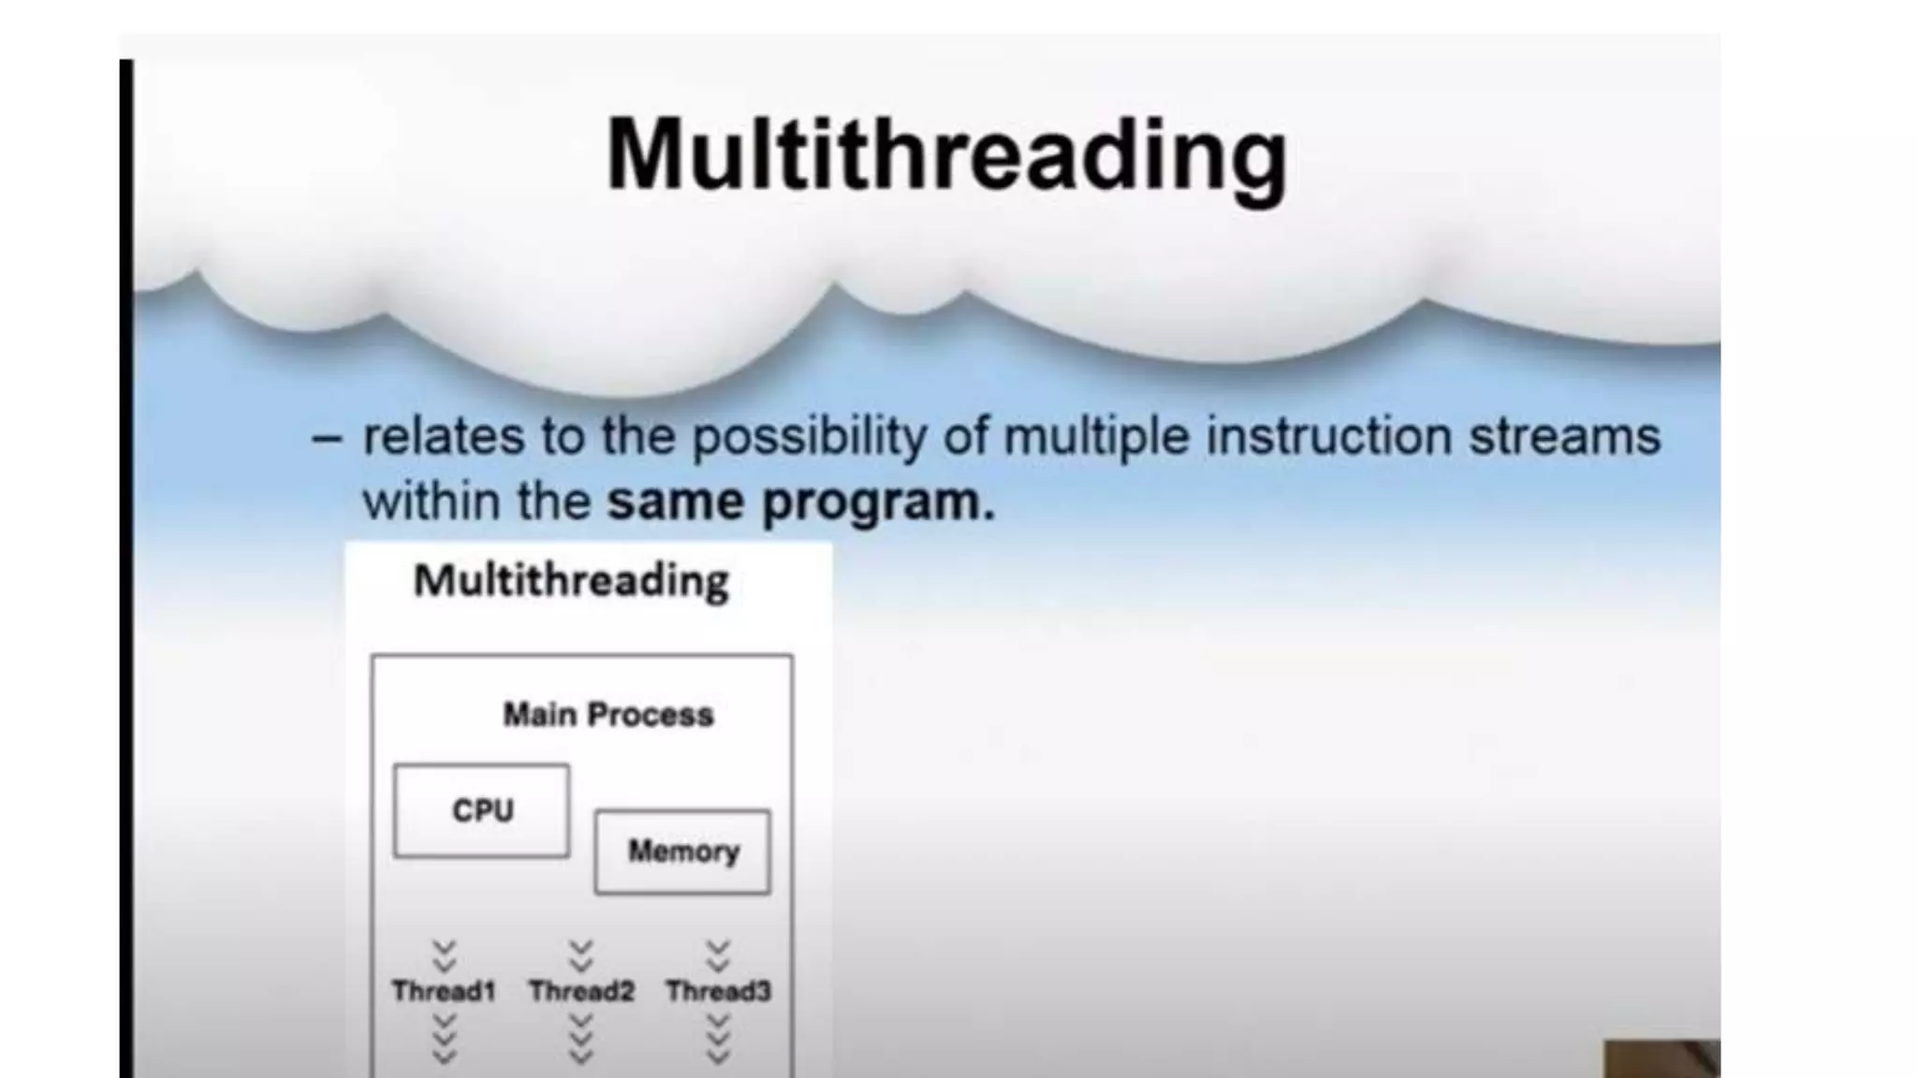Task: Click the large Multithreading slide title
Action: (946, 155)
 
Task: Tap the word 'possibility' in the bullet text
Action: (809, 438)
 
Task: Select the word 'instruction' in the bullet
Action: (1327, 436)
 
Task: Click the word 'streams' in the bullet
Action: (1564, 436)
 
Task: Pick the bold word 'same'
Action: (674, 503)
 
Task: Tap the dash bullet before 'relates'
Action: (326, 438)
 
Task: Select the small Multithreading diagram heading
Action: (571, 581)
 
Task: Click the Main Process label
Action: (608, 715)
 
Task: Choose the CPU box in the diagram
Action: (481, 810)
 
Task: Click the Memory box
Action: (682, 852)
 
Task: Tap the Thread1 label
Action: (444, 991)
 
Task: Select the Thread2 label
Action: (581, 991)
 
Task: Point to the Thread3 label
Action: (718, 991)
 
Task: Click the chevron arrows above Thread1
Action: (444, 955)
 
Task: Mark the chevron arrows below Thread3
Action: (718, 1040)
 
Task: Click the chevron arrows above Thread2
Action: (581, 955)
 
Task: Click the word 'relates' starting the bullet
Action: (443, 436)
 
